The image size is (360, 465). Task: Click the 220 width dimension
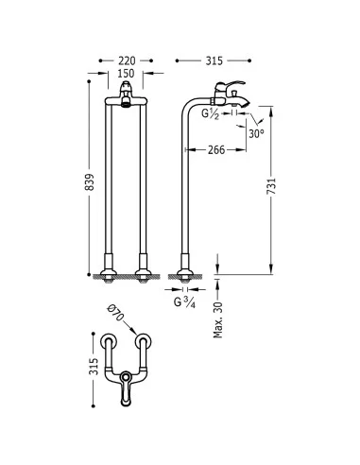127,60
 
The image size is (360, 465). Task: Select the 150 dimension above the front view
126,74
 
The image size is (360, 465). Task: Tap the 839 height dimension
90,182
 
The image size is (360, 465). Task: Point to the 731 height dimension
271,186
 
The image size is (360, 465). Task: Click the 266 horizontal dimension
216,150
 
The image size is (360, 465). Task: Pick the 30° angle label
256,134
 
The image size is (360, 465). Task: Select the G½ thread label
210,114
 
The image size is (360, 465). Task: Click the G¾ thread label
184,302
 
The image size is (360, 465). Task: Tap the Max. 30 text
218,320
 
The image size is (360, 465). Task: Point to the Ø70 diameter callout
115,313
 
